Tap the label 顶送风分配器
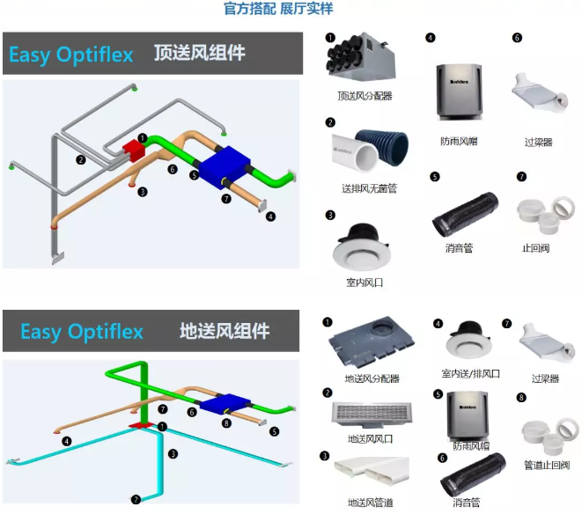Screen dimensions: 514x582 pos(364,95)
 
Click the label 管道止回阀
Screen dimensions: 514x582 pos(546,465)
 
